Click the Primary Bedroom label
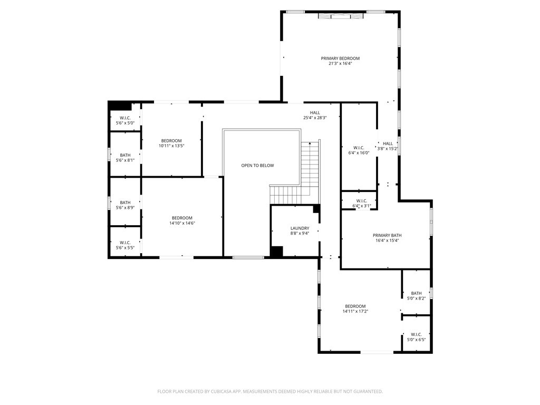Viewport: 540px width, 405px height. (x=340, y=59)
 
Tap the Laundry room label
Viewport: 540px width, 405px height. (x=300, y=228)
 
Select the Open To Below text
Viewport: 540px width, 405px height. (x=257, y=166)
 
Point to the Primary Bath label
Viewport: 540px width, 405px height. (x=387, y=235)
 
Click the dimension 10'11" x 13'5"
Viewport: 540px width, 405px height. (x=171, y=146)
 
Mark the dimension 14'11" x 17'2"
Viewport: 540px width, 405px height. (x=355, y=312)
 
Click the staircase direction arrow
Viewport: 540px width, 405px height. (x=310, y=143)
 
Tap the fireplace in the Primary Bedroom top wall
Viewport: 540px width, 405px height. (x=341, y=16)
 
